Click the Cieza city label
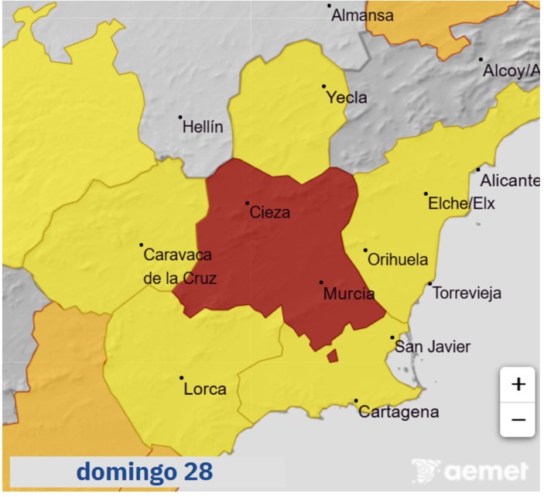pos(270,212)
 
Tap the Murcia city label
pos(348,294)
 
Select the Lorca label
pos(205,389)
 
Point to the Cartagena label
pos(399,412)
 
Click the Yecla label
pos(346,98)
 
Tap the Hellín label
pos(202,127)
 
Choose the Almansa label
pos(362,15)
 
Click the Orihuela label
pos(397,260)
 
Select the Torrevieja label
pos(467,293)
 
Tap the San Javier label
pos(432,347)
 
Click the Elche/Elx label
pos(461,204)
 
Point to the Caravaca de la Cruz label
pos(179,266)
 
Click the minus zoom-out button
pos(518,420)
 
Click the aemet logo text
pos(485,471)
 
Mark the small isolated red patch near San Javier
pos(333,355)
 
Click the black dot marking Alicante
pos(478,170)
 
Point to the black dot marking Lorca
pos(182,378)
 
